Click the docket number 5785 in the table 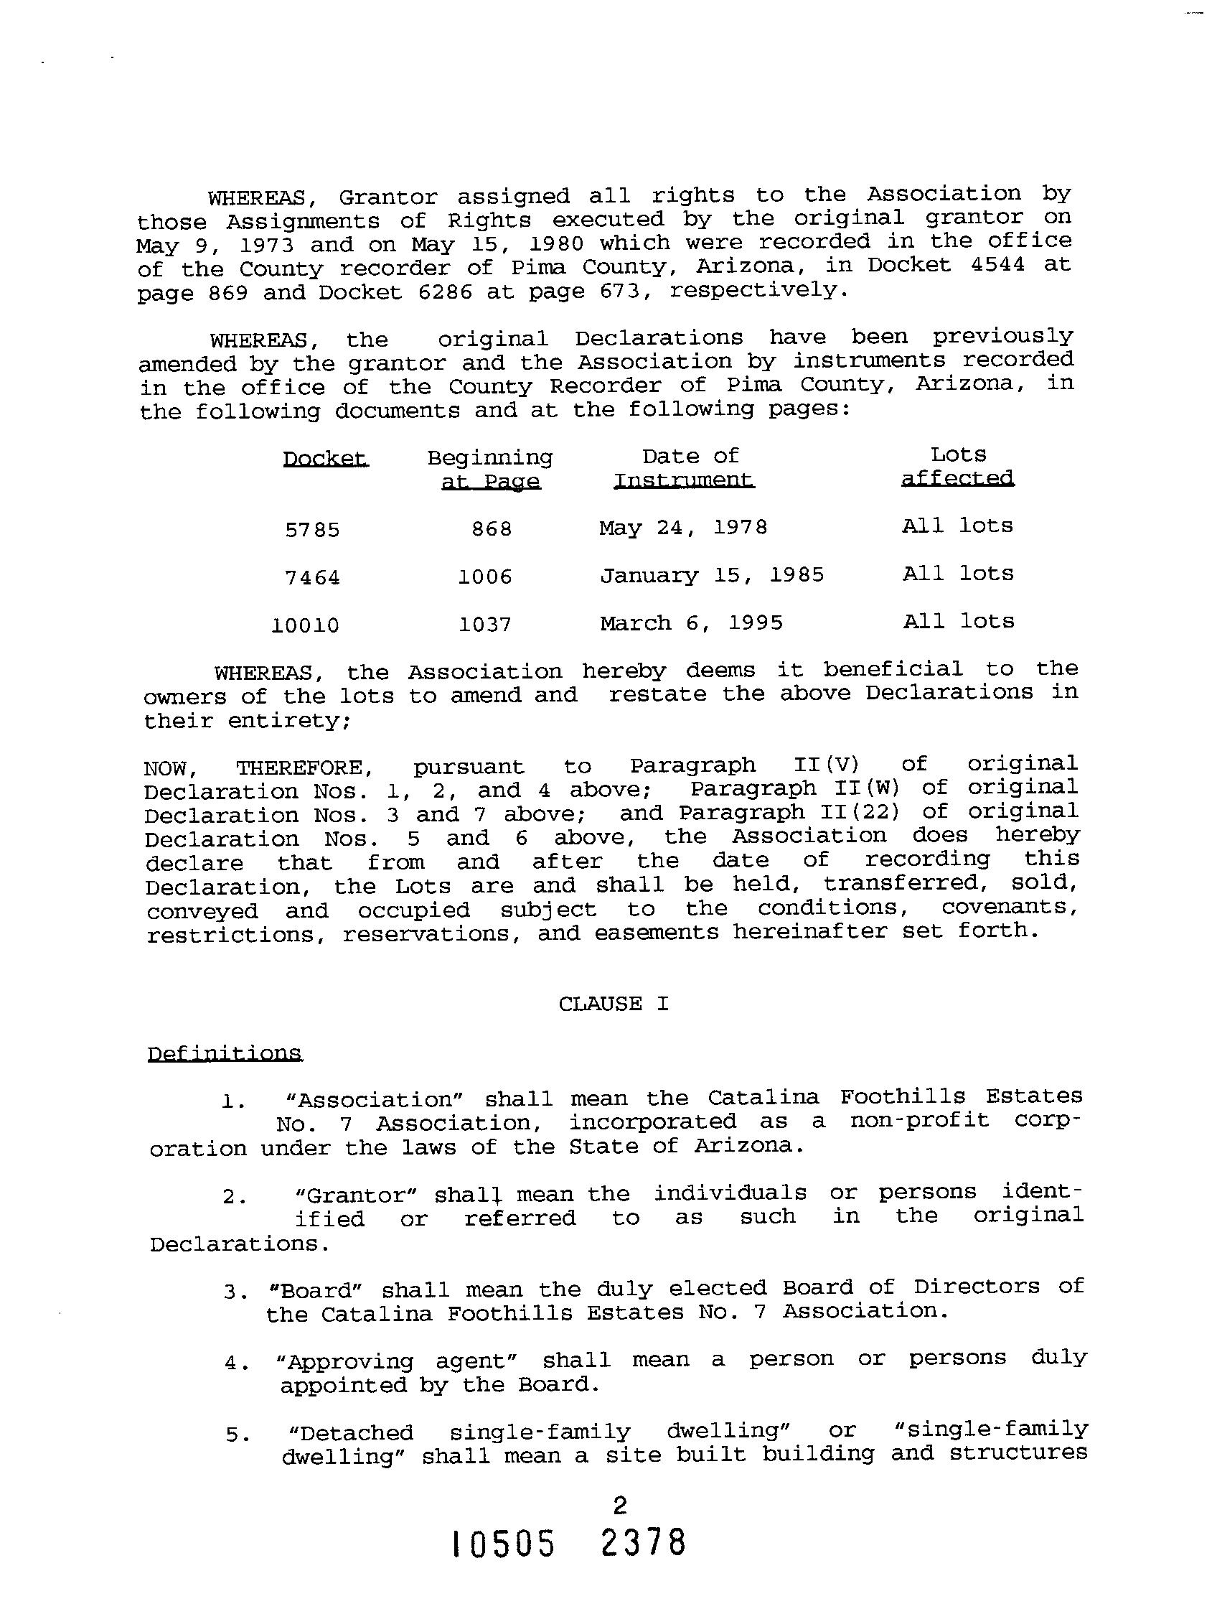point(313,531)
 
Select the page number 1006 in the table point(485,577)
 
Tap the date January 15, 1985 point(712,575)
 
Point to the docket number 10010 point(306,625)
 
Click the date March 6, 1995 point(691,623)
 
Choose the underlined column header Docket point(326,459)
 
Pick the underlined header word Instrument point(684,480)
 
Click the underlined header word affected point(957,478)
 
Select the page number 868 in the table point(492,529)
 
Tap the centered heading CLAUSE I point(614,1004)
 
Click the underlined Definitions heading point(225,1054)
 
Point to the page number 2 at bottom point(620,1505)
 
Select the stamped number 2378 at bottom point(644,1542)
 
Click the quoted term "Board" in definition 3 point(315,1290)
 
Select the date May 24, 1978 point(683,528)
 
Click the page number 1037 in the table point(485,625)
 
